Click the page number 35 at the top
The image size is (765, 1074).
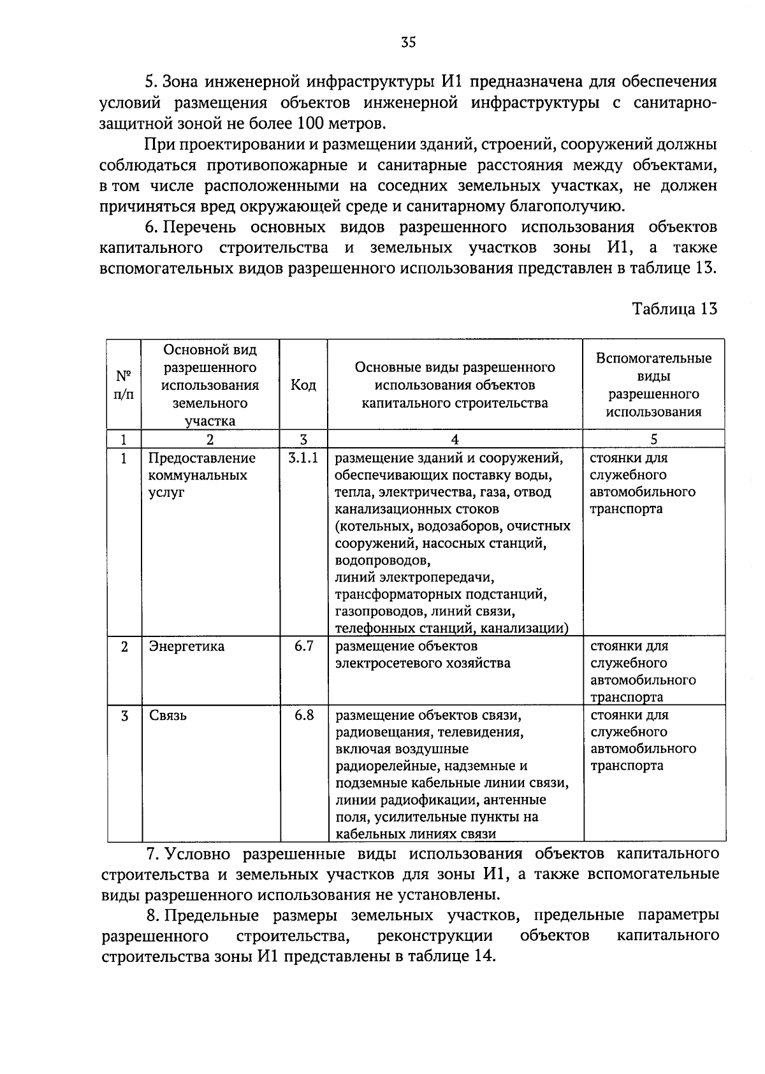coord(409,42)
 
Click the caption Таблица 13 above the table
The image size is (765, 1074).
coord(674,309)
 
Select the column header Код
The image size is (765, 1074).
coord(303,385)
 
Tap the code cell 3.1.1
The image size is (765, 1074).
coord(303,458)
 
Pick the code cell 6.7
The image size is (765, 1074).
coord(304,646)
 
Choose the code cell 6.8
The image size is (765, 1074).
coord(304,715)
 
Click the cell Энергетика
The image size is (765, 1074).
coord(187,646)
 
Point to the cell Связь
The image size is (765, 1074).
coord(168,715)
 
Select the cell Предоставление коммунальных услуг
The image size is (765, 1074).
coord(202,475)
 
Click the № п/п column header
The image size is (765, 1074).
coord(124,385)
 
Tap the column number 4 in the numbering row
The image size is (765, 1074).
coord(455,439)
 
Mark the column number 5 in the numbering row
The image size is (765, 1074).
coord(654,439)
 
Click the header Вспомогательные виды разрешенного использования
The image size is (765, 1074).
coord(653,385)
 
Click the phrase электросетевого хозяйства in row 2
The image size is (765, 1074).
coord(423,663)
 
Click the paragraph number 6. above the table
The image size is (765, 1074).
coord(152,227)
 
